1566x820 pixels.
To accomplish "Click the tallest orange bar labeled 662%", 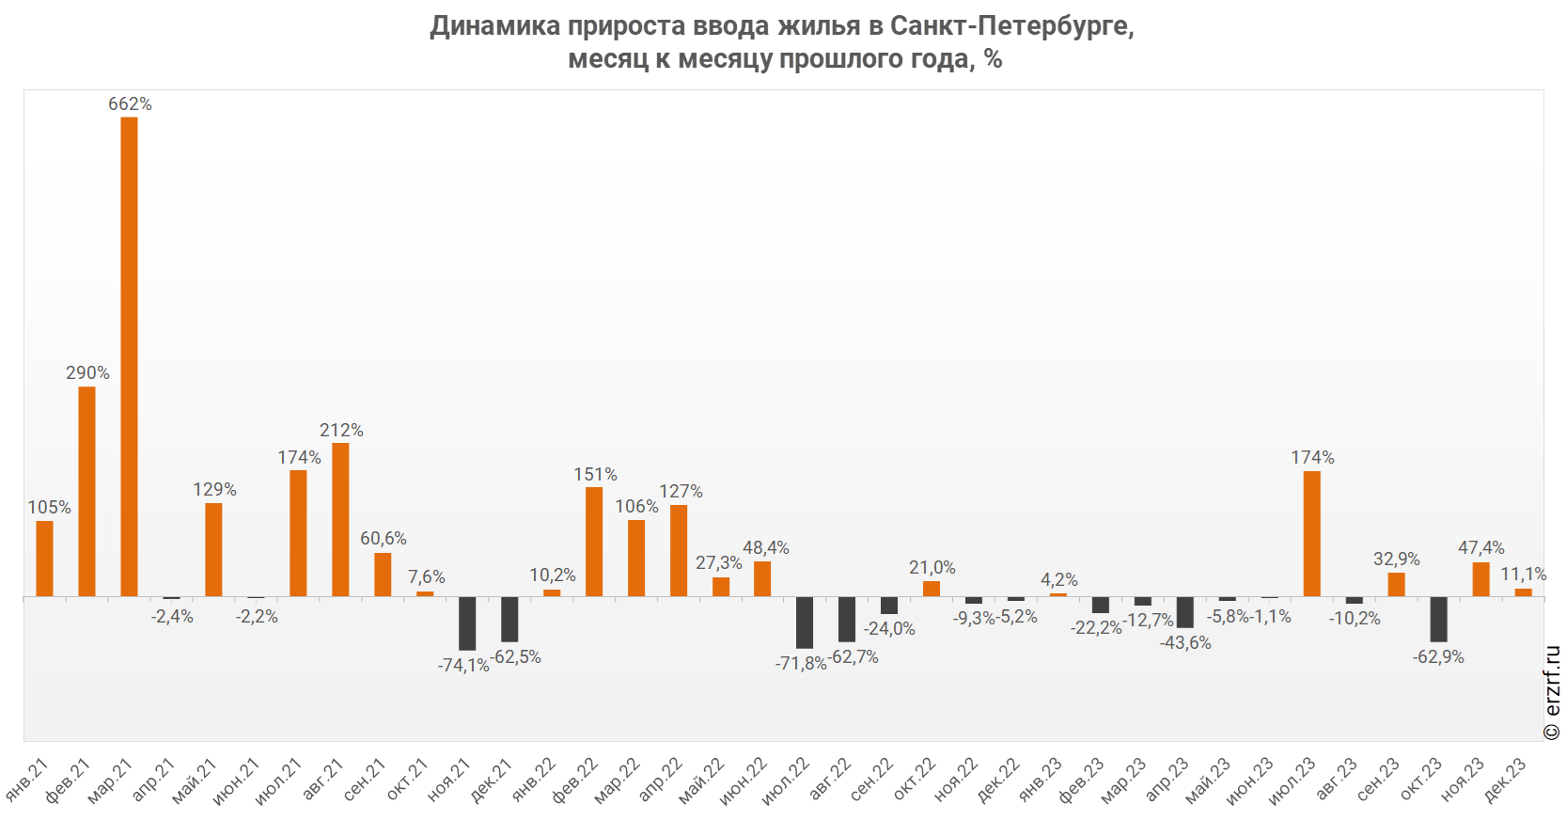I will [x=129, y=357].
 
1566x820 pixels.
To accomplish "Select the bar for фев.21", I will [x=86, y=492].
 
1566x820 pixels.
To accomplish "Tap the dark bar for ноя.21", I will [x=467, y=623].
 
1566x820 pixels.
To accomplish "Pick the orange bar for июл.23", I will [x=1312, y=534].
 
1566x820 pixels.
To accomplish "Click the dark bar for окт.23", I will [x=1438, y=619].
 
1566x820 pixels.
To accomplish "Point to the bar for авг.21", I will [x=340, y=520].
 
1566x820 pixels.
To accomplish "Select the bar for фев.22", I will [x=594, y=542].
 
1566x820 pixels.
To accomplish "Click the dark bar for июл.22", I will [x=805, y=622].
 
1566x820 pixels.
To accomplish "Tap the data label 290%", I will [x=87, y=373].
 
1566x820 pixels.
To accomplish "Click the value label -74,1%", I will [x=463, y=666].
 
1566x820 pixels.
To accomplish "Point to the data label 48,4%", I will [x=766, y=548].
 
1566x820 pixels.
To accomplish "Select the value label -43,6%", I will [x=1185, y=643].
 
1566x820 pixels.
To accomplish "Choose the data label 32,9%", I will [x=1397, y=560].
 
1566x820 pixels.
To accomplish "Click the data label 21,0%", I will [x=932, y=568].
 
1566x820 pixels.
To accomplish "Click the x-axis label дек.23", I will [x=1505, y=780].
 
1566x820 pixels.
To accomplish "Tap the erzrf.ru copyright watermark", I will [x=1552, y=692].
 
